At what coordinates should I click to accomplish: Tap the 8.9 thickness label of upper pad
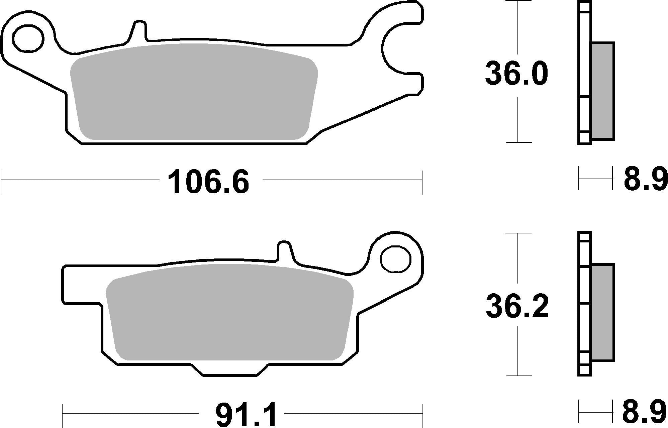tap(645, 180)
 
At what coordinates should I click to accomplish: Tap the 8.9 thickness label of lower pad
tap(645, 414)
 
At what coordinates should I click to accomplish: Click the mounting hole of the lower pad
tap(396, 259)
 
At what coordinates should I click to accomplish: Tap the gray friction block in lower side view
tap(602, 312)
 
